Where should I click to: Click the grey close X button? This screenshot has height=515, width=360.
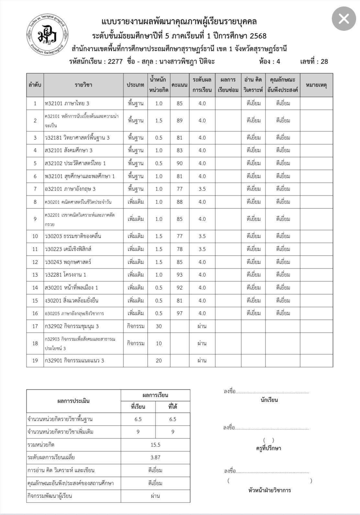[x=343, y=19]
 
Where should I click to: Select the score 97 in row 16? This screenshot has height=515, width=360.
[x=180, y=313]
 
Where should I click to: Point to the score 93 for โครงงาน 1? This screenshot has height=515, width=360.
[x=180, y=275]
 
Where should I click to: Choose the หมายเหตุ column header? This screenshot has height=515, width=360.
[x=316, y=85]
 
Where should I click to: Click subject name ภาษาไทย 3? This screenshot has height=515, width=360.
[x=67, y=103]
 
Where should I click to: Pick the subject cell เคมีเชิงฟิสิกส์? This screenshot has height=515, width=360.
[x=68, y=249]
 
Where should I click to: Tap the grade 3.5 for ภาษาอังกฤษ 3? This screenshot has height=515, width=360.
[x=202, y=189]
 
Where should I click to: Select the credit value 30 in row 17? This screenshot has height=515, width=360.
[x=159, y=326]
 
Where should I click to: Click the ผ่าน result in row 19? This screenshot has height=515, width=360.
[x=202, y=360]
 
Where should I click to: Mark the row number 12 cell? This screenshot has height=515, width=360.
[x=35, y=262]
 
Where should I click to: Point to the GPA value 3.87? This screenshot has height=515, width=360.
[x=155, y=457]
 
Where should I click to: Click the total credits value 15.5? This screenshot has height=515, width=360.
[x=155, y=445]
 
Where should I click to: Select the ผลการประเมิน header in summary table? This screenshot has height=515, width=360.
[x=73, y=401]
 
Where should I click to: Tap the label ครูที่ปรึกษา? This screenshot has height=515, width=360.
[x=268, y=448]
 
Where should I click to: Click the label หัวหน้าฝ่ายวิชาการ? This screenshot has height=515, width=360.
[x=269, y=490]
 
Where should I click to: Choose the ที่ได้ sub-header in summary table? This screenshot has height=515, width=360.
[x=173, y=407]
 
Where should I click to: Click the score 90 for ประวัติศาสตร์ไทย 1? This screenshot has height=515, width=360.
[x=180, y=163]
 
